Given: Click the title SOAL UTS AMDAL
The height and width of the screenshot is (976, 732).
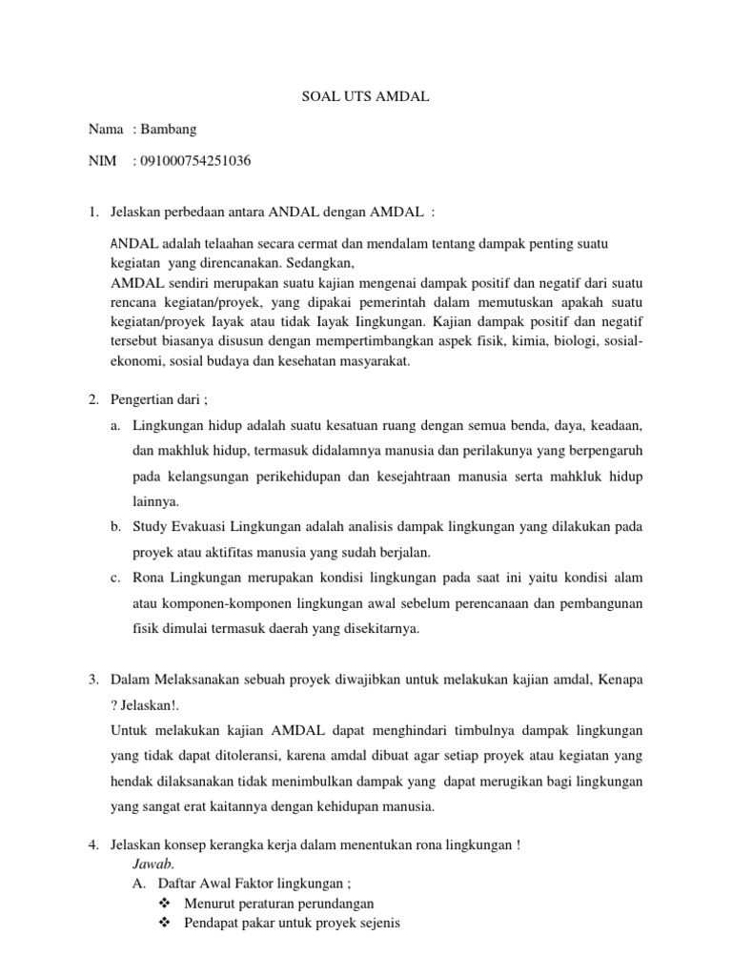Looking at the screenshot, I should tap(366, 95).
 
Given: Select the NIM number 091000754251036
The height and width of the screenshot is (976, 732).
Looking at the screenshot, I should tap(196, 161).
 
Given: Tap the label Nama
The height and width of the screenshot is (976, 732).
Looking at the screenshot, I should tap(106, 129).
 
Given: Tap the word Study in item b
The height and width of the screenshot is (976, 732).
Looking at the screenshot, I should tap(151, 526).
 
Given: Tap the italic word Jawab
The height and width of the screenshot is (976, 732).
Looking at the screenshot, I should tap(152, 864).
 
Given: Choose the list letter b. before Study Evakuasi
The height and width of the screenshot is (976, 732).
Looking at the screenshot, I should tap(115, 526).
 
